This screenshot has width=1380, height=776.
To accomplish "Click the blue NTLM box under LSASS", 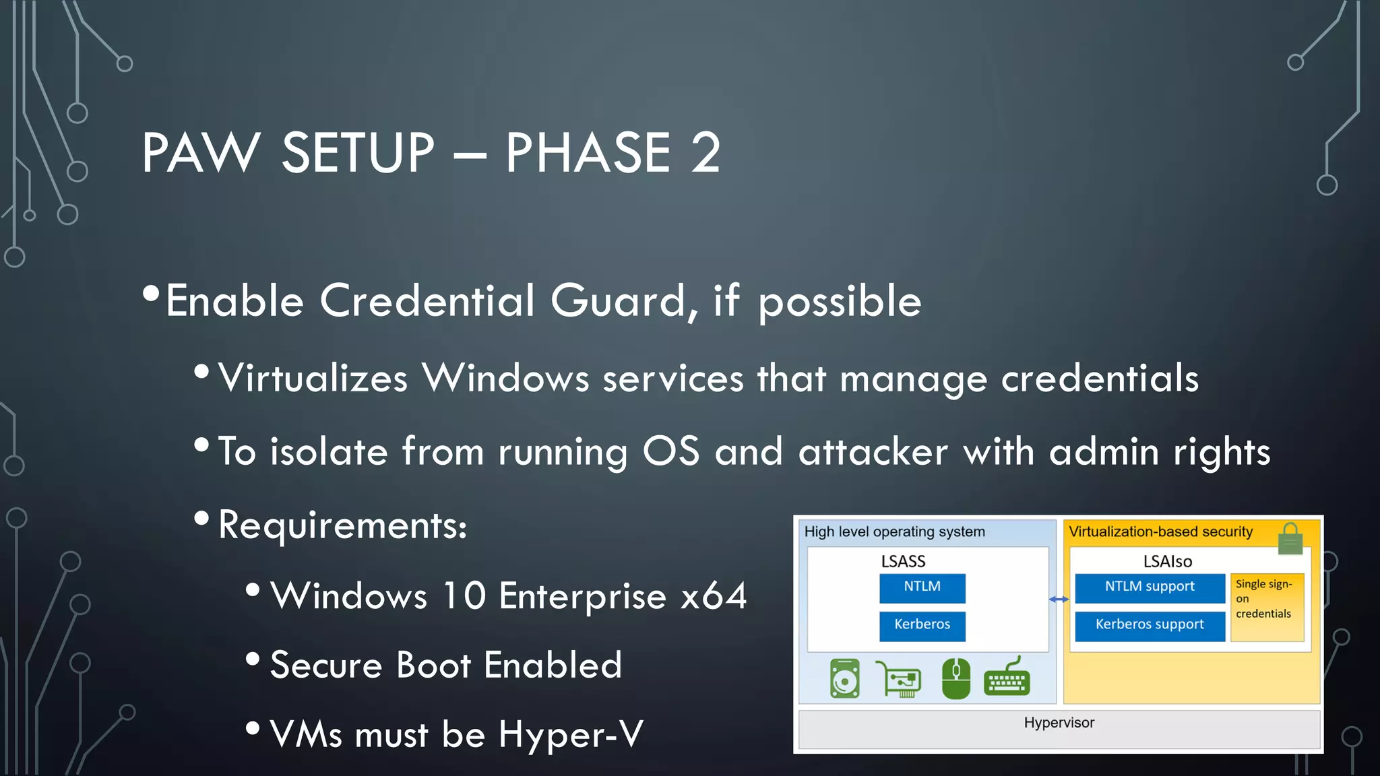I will pos(922,587).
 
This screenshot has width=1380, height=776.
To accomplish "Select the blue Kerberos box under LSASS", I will pos(922,625).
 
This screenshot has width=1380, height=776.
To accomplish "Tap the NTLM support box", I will pos(1150,587).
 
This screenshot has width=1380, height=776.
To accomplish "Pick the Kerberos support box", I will pos(1150,625).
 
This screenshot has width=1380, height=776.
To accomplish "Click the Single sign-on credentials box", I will pos(1267,606).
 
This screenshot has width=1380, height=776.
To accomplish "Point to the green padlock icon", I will pos(1290,539).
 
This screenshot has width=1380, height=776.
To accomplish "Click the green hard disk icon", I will pos(845,678).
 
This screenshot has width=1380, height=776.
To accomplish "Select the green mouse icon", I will pos(955,678).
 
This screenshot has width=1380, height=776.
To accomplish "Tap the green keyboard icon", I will pos(1007,678).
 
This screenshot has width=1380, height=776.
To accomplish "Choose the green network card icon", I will pos(899,678).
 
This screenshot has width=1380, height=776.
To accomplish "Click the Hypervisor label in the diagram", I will pos(1059,723).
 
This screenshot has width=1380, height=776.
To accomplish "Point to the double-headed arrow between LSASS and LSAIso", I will pos(1059,599).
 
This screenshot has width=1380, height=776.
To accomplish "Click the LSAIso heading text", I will pos(1168,561).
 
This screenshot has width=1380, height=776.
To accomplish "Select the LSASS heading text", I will pos(903,561).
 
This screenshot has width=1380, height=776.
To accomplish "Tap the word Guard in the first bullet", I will pos(619,301).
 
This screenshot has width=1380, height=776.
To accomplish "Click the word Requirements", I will pos(342,525).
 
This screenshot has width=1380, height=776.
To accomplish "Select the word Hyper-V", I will pos(571,734).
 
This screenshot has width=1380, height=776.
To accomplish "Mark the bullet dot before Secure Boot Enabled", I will pos(253,658).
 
